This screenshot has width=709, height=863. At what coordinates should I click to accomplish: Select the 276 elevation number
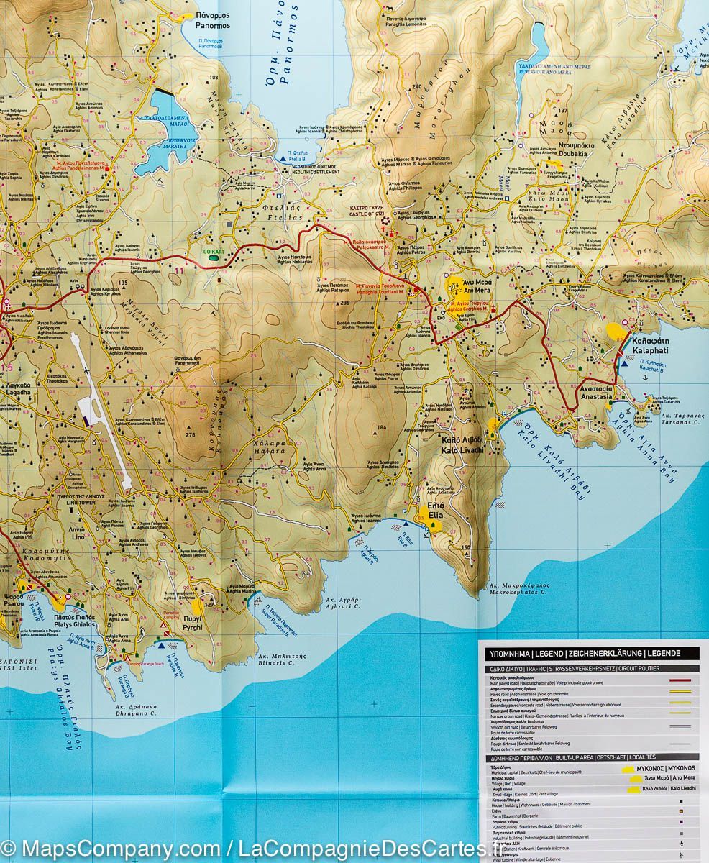(190, 434)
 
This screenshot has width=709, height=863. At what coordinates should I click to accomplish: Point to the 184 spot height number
(381, 428)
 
